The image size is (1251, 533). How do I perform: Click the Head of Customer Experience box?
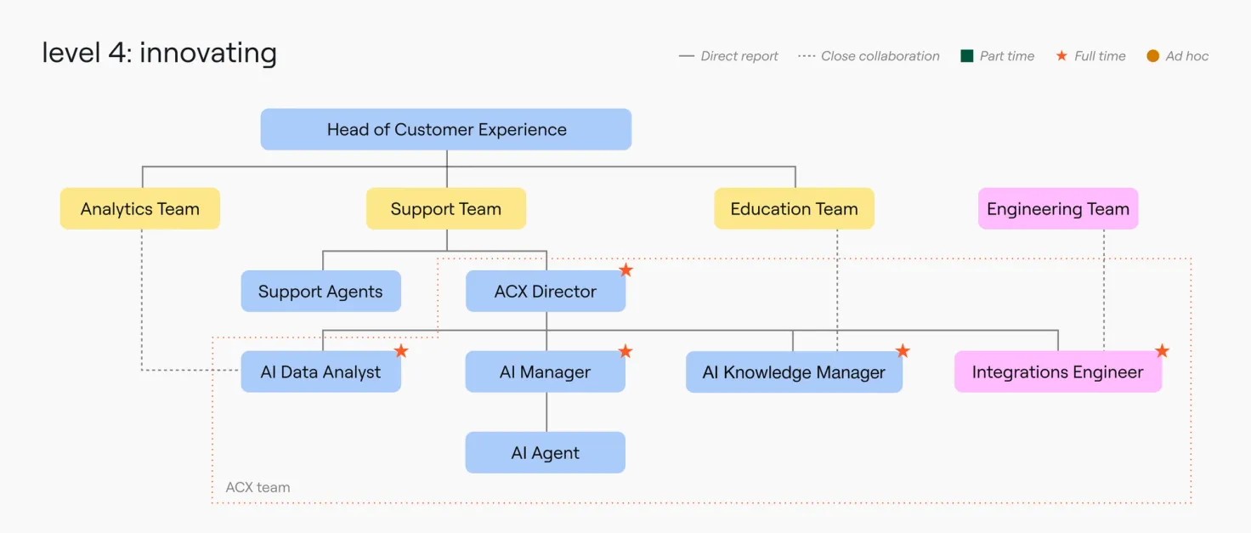[x=445, y=129]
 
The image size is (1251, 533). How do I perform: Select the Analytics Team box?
[x=139, y=208]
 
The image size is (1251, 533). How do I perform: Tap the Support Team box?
[x=445, y=208]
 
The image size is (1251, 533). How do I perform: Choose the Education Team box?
[x=794, y=208]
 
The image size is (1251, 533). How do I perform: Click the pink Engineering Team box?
[x=1057, y=208]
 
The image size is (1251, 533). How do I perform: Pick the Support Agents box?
[x=320, y=292]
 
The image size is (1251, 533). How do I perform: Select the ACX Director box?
[x=545, y=292]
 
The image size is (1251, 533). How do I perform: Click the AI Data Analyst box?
[x=320, y=372]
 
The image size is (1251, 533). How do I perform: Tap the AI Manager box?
[x=545, y=372]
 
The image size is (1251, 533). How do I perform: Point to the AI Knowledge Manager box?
[x=794, y=372]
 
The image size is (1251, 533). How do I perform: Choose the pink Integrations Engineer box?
[x=1057, y=372]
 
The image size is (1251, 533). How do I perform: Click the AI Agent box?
[x=545, y=453]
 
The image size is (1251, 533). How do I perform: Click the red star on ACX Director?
[x=625, y=270]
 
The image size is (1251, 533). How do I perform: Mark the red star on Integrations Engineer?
[x=1162, y=351]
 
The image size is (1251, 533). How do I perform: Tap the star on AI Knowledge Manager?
[x=903, y=351]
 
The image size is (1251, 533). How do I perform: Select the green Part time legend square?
[x=966, y=56]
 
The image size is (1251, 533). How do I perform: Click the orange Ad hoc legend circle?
[x=1152, y=56]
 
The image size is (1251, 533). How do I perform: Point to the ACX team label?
[x=258, y=487]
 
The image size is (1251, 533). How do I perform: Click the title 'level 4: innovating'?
[x=159, y=53]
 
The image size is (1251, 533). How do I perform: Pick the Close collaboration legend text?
[x=880, y=56]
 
